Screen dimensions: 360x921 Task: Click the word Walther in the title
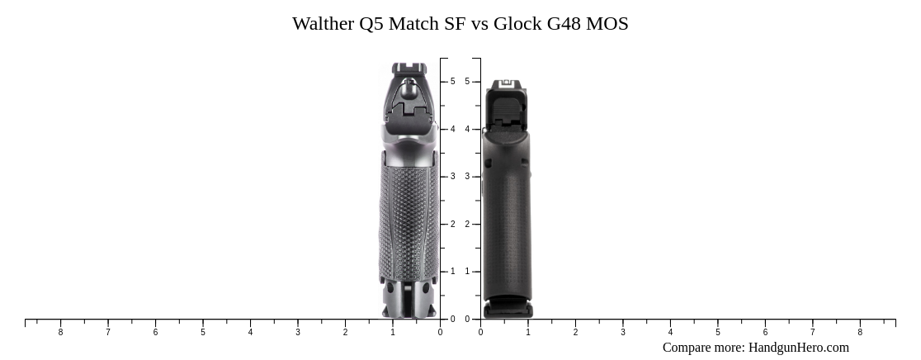[323, 24]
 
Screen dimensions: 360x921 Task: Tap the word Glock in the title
[517, 24]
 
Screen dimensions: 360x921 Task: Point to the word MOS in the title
[607, 24]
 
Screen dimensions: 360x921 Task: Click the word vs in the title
[479, 24]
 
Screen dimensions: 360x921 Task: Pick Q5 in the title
[371, 24]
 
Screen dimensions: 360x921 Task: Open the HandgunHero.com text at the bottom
[798, 348]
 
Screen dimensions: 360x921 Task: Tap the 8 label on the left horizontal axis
[60, 333]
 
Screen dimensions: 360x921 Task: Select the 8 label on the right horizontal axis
[860, 333]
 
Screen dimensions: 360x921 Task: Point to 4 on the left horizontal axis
[250, 333]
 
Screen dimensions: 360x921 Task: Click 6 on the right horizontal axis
[765, 333]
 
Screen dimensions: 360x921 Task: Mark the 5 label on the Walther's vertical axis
[452, 82]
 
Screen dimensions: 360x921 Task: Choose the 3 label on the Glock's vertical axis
[467, 177]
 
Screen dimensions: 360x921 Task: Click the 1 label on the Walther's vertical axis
[452, 272]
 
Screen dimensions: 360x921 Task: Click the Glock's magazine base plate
[508, 309]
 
